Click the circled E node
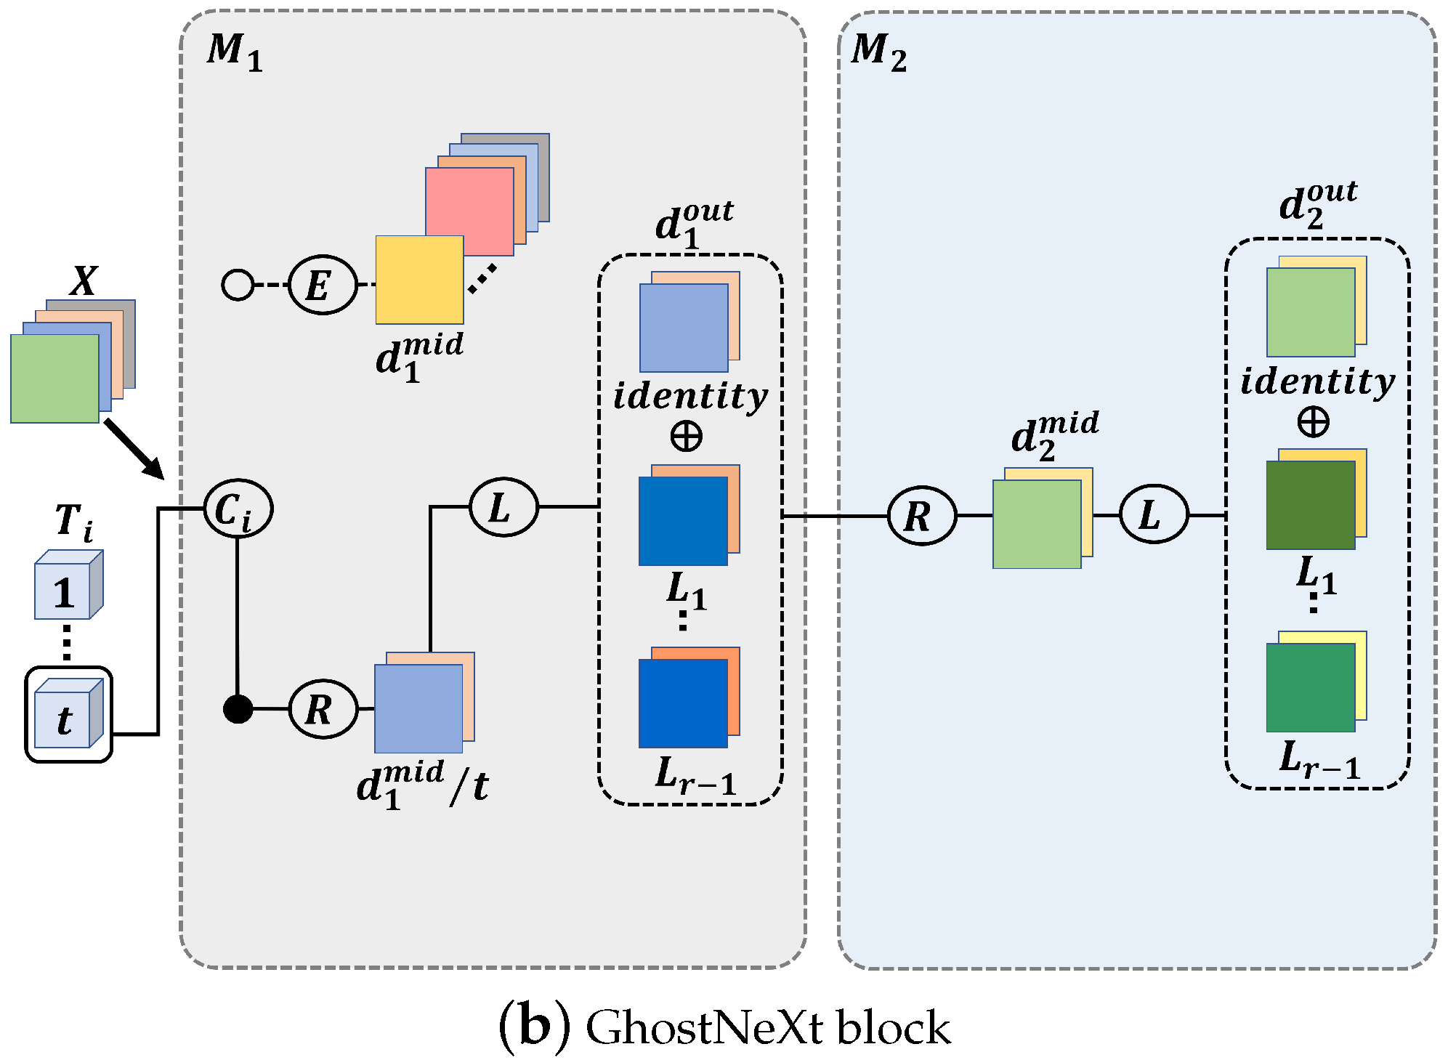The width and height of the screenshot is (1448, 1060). coord(323,285)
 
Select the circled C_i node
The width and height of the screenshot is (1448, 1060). coord(238,509)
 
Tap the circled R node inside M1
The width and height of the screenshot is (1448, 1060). coord(323,708)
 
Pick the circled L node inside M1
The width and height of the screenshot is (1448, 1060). coord(503,506)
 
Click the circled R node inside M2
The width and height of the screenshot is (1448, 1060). coord(921,516)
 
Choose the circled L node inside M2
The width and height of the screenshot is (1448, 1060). coord(1153,514)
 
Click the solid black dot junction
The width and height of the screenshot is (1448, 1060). coord(238,708)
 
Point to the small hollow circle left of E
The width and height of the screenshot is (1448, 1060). coord(238,285)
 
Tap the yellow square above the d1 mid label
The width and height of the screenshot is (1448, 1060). coord(418,280)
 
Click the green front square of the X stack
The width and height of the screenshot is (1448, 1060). coord(54,378)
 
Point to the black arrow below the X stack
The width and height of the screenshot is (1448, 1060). coord(134,449)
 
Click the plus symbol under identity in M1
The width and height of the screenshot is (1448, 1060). coord(686,437)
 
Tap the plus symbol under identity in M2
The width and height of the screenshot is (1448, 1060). coord(1313,422)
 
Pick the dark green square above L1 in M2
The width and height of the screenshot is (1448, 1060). coord(1309,505)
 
